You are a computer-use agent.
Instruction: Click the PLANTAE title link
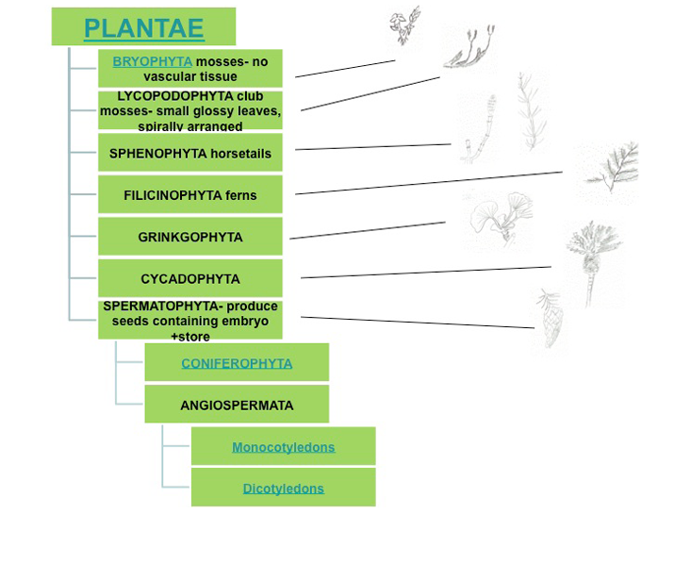point(143,28)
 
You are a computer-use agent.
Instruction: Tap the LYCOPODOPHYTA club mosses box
point(190,110)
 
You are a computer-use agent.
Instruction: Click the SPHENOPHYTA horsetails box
point(190,153)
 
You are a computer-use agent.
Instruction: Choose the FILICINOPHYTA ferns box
point(190,195)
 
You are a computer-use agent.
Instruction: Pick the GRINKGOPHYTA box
point(190,237)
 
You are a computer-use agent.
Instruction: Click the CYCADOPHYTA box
point(190,279)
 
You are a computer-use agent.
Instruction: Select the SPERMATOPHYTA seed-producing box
point(190,321)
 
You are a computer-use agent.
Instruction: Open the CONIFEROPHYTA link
point(237,363)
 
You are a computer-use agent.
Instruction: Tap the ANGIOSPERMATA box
point(237,406)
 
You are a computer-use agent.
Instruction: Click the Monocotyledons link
point(283,447)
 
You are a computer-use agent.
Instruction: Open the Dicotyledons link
point(283,489)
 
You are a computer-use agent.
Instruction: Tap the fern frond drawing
point(609,170)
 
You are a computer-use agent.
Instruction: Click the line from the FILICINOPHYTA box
point(429,183)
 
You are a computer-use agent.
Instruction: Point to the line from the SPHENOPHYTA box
point(373,147)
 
